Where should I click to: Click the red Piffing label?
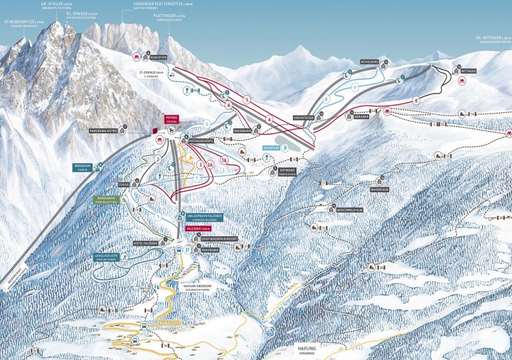[172, 119]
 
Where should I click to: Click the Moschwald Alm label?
[350, 209]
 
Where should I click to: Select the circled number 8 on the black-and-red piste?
[416, 101]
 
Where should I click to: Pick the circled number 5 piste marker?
[246, 99]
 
